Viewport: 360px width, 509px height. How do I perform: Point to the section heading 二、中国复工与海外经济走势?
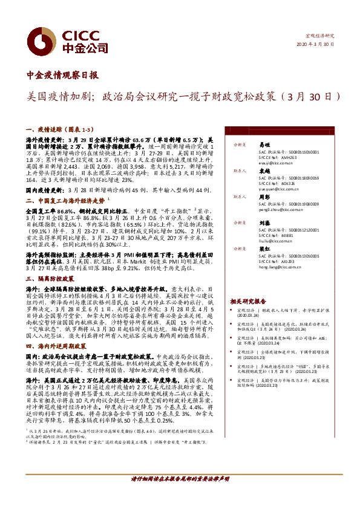tap(65, 199)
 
